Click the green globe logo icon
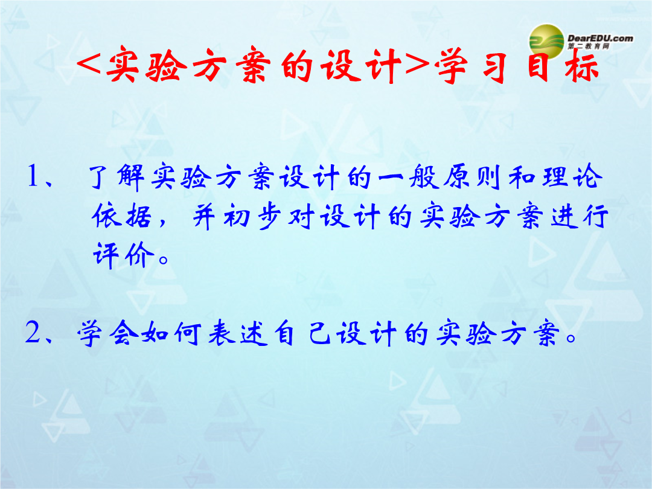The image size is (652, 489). [x=546, y=41]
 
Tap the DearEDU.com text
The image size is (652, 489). [x=600, y=38]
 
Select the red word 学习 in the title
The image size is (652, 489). [x=471, y=65]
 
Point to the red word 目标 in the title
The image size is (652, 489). [x=563, y=65]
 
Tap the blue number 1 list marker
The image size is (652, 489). [x=33, y=175]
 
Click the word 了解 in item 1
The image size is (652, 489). [x=117, y=177]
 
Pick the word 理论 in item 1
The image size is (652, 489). [x=572, y=177]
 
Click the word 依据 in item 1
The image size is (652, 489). [x=121, y=216]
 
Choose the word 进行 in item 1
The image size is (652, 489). [x=579, y=216]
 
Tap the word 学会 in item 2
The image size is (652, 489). [x=107, y=333]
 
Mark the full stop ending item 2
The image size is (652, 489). [x=571, y=337]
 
